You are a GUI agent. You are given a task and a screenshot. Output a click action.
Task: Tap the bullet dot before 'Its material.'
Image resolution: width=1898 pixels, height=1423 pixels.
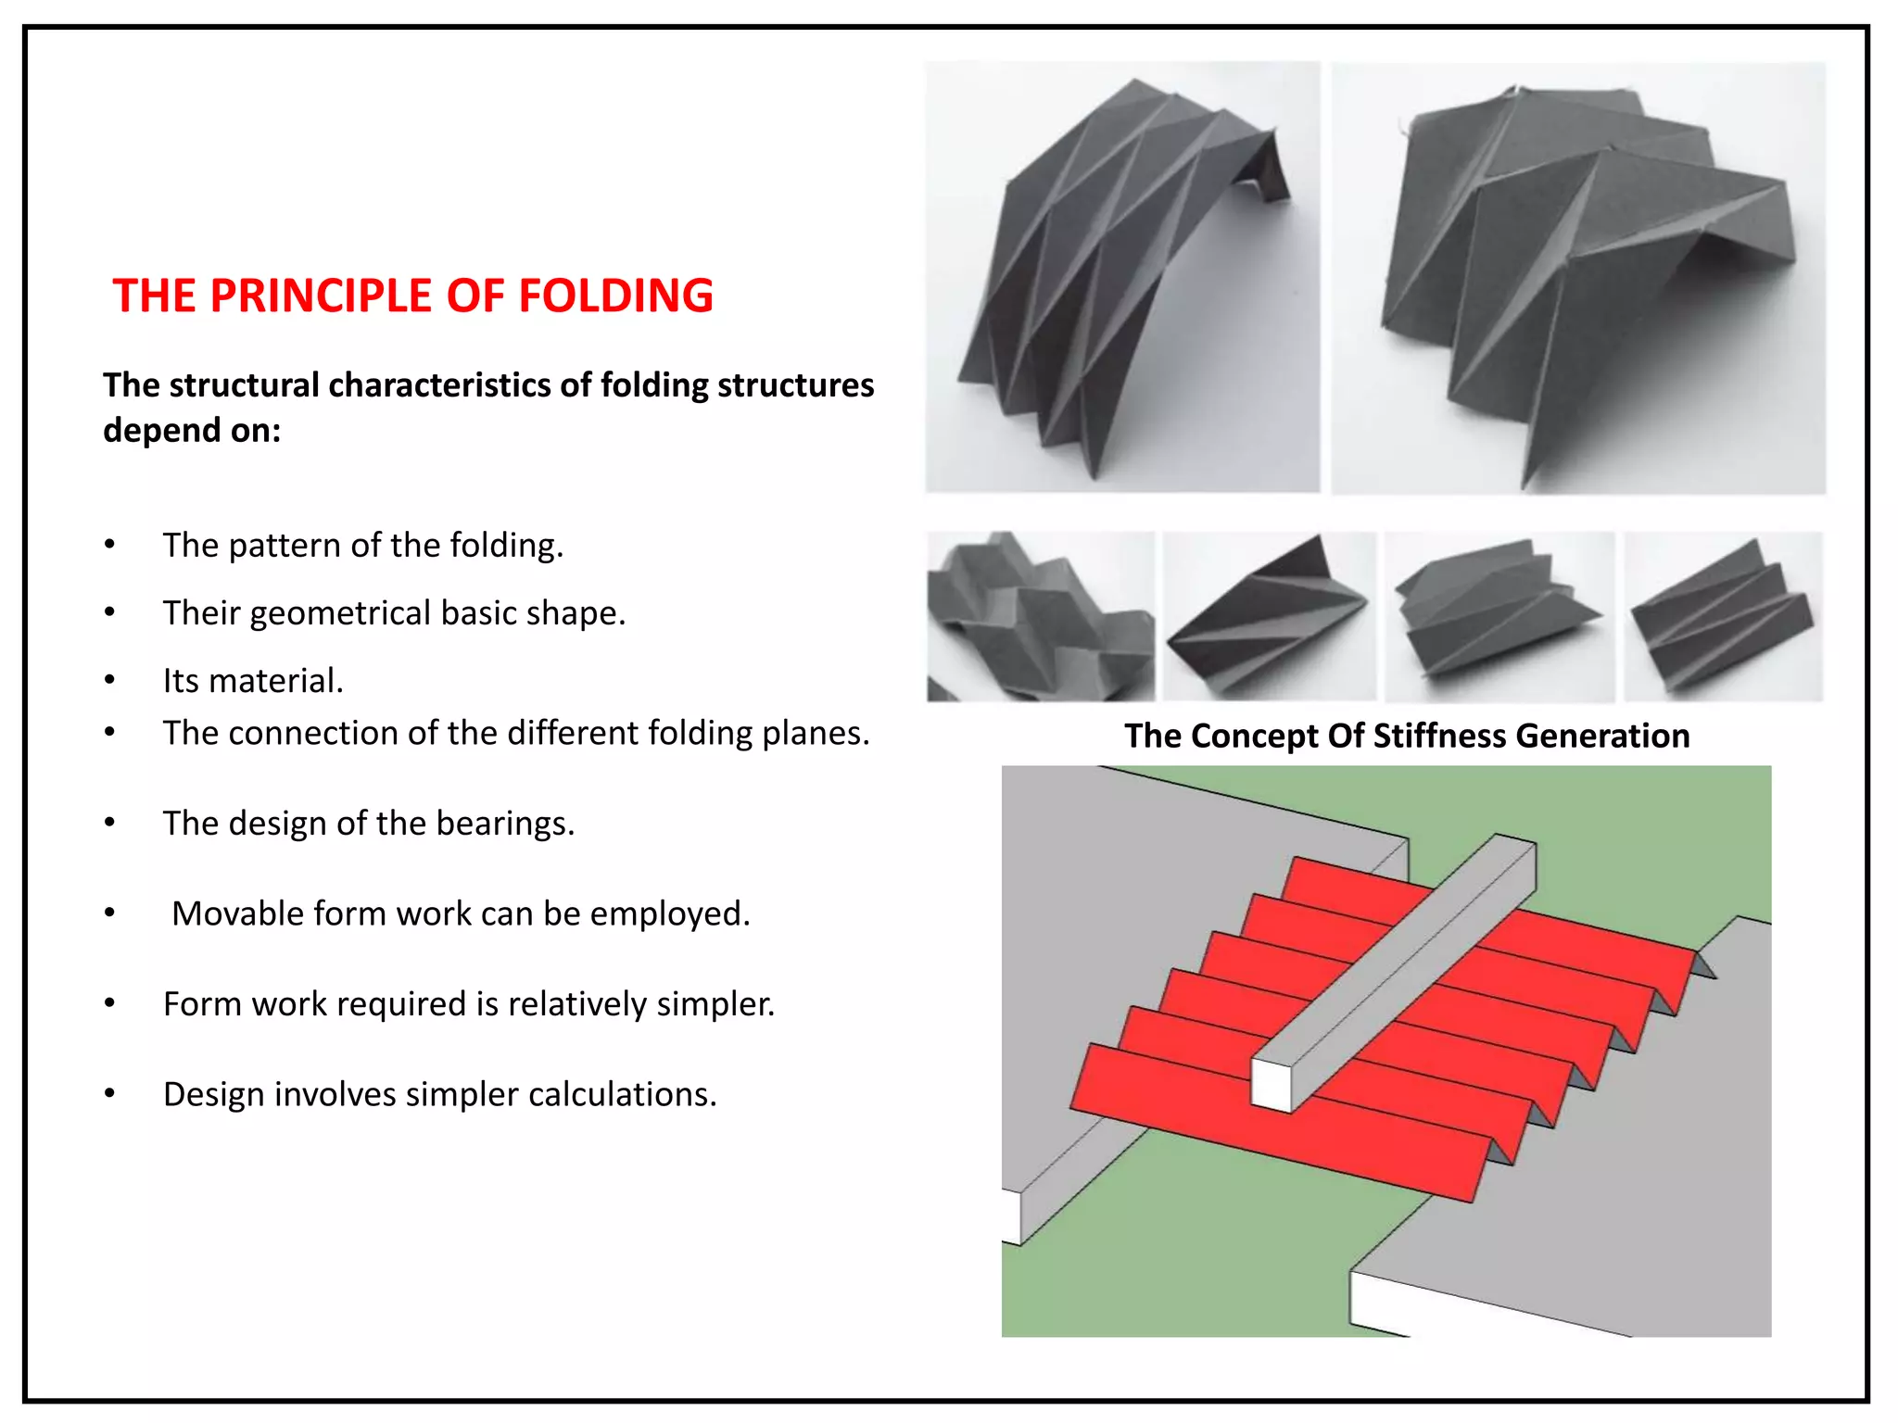(x=110, y=681)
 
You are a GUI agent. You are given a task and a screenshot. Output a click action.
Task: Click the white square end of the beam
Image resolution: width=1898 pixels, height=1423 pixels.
(x=1271, y=1086)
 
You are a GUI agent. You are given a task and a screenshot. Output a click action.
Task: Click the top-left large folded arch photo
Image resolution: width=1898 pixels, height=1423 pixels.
(x=1121, y=277)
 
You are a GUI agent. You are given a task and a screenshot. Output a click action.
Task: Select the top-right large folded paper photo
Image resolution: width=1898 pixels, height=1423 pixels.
(x=1578, y=277)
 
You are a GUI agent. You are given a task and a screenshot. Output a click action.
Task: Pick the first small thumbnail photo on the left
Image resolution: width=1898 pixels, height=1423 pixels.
(x=1040, y=617)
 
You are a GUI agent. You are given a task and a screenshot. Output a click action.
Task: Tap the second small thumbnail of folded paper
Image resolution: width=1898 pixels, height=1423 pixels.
(x=1269, y=617)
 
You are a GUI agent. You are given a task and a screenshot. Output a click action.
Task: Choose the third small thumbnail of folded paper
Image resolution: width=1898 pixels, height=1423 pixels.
(x=1499, y=617)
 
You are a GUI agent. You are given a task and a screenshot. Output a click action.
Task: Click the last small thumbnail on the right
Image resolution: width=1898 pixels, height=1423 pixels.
(x=1723, y=617)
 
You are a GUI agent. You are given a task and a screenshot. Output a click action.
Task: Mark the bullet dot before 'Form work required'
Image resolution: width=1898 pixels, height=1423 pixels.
(x=110, y=1004)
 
